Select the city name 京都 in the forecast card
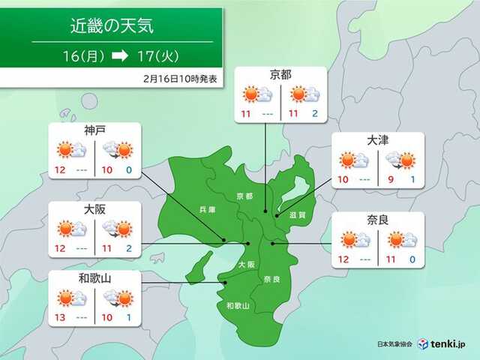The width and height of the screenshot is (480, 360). coord(280,75)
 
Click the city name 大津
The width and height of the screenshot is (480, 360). coord(378,140)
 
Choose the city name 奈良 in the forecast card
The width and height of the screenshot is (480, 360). coord(378,220)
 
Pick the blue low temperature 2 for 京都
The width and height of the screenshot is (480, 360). coord(316,115)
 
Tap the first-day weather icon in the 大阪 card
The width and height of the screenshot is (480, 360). coord(72,229)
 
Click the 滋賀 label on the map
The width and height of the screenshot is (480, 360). coord(298,214)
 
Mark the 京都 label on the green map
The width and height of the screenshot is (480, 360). coord(244,196)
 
